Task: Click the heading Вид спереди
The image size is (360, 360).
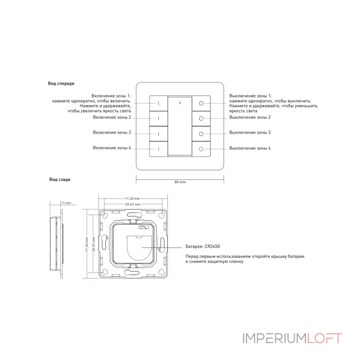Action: pos(61,84)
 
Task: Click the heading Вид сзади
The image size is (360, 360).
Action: pos(60,180)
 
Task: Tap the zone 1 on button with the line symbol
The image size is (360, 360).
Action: pos(159,103)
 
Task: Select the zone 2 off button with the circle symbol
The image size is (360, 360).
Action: pos(201,118)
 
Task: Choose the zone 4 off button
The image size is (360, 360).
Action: pos(201,149)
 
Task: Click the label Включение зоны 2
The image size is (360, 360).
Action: pos(112,117)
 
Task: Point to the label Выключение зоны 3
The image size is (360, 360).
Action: pos(250,132)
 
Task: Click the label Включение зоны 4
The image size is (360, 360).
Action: pos(112,148)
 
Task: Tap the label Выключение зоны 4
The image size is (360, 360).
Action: pos(250,148)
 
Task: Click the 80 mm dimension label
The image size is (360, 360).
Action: pos(180,182)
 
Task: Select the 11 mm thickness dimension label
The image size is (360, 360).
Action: pos(66,203)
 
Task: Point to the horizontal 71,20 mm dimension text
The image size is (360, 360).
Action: pos(132,198)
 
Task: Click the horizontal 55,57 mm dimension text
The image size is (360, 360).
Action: pos(132,204)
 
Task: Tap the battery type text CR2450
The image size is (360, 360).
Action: pos(212,247)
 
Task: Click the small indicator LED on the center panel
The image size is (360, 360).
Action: pos(180,103)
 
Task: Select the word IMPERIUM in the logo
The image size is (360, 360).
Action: pos(275,338)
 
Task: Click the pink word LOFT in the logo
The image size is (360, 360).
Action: pos(324,338)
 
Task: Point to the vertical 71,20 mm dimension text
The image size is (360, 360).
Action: pos(87,244)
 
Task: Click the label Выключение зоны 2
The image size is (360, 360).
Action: pos(250,117)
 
